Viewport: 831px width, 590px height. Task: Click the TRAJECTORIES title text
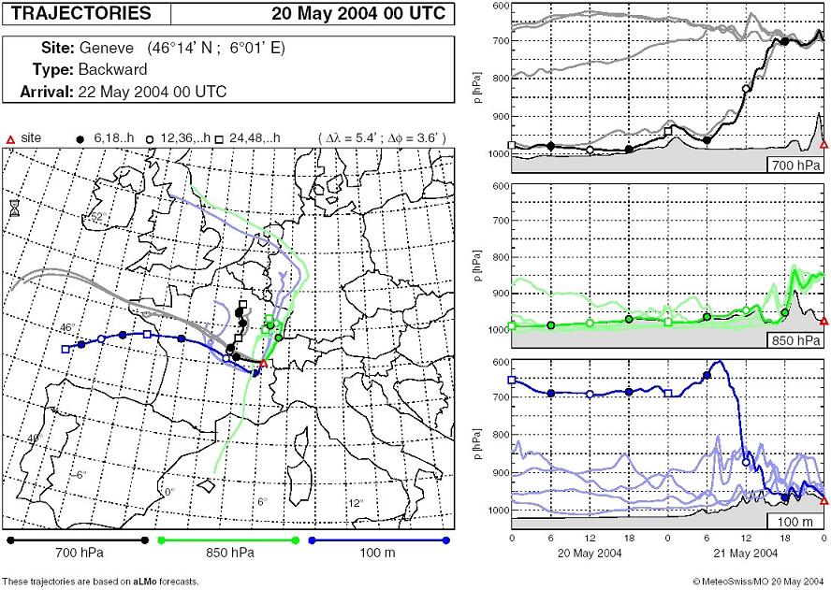coord(80,13)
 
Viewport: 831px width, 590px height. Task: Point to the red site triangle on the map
coord(263,363)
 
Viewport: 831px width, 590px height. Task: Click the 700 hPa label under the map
coord(78,554)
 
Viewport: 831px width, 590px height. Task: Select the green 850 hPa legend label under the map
coord(230,554)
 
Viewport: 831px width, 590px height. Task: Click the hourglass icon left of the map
coord(14,208)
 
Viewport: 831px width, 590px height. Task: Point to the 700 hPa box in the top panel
coord(800,166)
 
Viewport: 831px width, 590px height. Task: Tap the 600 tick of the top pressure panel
coord(500,7)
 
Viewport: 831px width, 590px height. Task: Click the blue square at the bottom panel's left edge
coord(512,380)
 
